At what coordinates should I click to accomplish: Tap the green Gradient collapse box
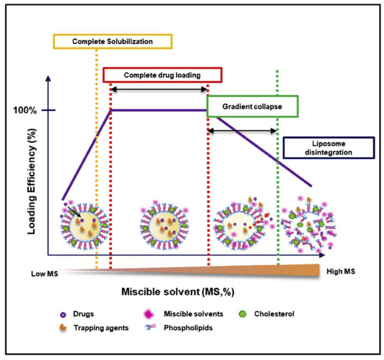pos(253,107)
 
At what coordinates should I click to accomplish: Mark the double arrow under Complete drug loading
pos(159,89)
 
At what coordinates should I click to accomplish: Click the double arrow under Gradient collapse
pos(243,130)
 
